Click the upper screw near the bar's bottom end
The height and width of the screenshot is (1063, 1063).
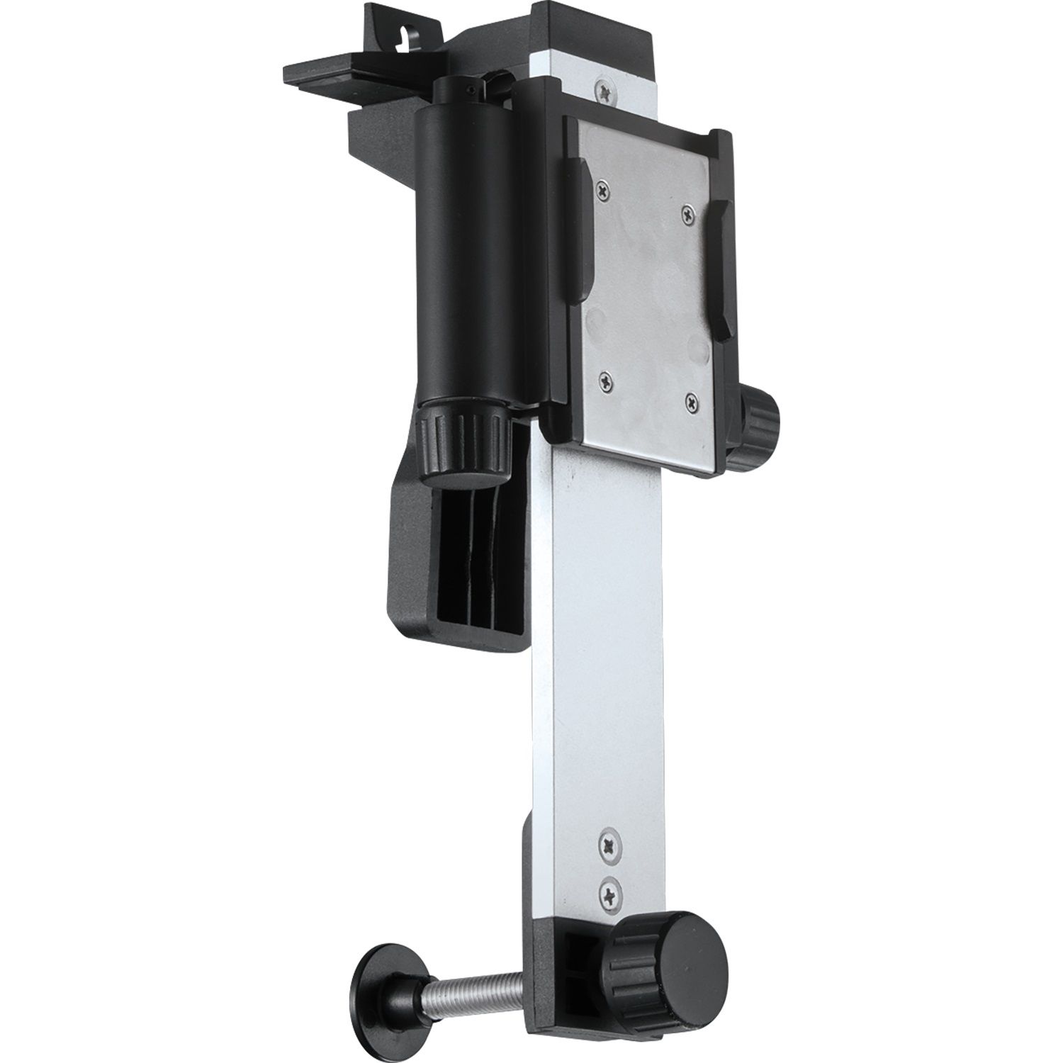(609, 844)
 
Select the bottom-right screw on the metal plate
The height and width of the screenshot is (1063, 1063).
(690, 402)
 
